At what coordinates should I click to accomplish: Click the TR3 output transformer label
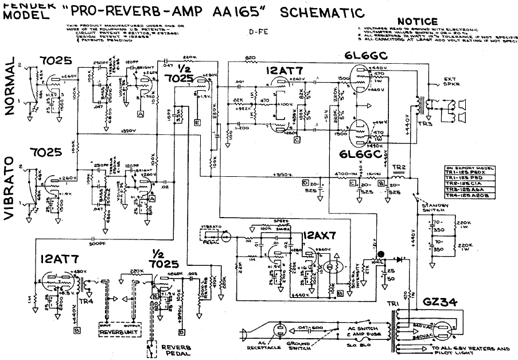tap(425, 125)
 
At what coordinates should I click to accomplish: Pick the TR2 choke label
tap(399, 167)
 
